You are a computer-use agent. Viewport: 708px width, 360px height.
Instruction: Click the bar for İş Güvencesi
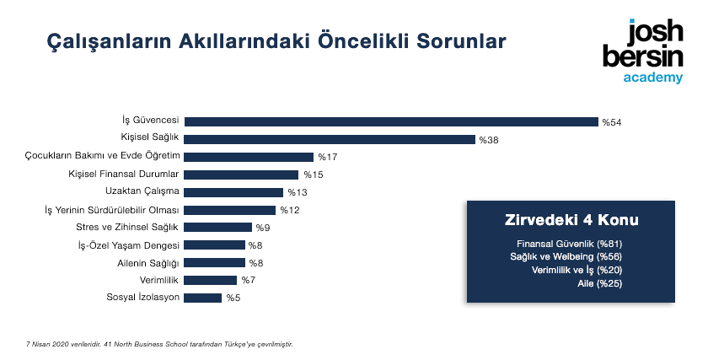(391, 122)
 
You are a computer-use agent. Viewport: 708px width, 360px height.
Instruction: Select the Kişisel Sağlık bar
(330, 140)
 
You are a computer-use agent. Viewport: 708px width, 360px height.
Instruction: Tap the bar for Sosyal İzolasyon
(203, 298)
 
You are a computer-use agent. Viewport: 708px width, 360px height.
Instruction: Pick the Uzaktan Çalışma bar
(233, 192)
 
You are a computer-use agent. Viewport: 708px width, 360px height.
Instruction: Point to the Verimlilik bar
(211, 281)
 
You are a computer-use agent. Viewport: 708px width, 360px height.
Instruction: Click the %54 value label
(612, 122)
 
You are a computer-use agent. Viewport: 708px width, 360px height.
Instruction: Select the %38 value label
(489, 140)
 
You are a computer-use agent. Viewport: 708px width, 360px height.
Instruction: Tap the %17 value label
(328, 157)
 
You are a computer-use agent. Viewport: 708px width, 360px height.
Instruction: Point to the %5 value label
(233, 298)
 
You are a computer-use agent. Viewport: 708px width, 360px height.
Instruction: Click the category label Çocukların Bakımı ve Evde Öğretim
(103, 156)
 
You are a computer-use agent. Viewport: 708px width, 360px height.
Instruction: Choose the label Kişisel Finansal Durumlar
(124, 174)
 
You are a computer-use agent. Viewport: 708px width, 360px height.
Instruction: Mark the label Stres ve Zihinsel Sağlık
(127, 227)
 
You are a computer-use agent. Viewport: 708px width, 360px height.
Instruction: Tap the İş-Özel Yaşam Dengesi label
(129, 245)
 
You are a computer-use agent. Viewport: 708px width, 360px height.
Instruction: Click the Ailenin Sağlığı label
(148, 263)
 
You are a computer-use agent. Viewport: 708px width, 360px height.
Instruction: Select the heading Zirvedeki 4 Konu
(571, 220)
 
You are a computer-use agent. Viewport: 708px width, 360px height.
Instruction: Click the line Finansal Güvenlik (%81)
(570, 244)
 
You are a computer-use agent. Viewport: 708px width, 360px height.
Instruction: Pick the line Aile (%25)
(599, 283)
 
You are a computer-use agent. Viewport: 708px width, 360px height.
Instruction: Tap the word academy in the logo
(653, 78)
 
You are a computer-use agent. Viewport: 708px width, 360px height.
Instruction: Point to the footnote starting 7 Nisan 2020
(159, 344)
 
